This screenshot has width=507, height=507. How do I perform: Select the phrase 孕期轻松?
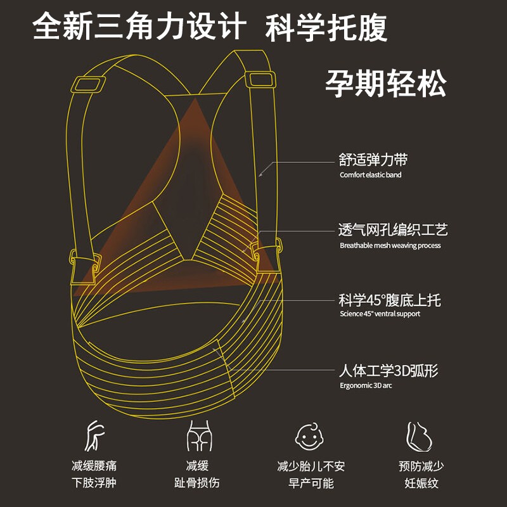(x=386, y=83)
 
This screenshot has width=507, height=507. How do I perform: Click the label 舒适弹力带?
(x=373, y=160)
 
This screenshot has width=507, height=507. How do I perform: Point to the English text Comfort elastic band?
(x=371, y=175)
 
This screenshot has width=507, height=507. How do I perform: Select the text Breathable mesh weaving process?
(x=390, y=245)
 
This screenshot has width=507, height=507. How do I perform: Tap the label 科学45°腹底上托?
(x=390, y=299)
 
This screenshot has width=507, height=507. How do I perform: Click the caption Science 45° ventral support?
(x=380, y=314)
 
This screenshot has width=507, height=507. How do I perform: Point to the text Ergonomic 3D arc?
(x=366, y=385)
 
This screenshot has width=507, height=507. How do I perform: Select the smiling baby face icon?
(x=311, y=436)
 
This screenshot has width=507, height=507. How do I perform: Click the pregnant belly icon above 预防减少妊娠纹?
(x=419, y=436)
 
